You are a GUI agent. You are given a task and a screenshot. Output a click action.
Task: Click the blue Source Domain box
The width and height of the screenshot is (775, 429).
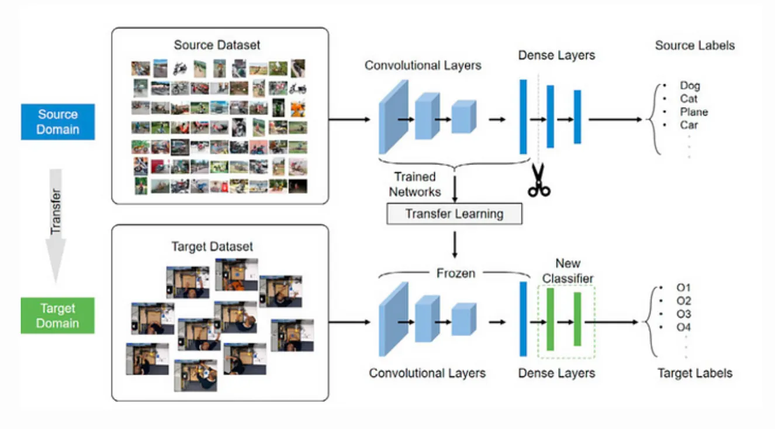coord(57,122)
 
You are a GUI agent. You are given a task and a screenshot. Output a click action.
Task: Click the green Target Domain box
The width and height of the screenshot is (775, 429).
coord(57,316)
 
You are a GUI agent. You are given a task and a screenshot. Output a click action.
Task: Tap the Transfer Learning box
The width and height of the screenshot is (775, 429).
coord(454,213)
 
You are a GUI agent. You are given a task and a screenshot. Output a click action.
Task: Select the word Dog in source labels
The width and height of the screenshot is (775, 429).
coord(690,86)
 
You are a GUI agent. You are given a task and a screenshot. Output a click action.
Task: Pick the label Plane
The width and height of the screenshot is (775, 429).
coord(693,112)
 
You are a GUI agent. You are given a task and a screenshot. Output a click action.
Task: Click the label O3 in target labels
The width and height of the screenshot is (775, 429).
coord(683,314)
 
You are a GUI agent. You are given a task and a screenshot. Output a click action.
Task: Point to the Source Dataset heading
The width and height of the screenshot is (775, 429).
coord(217,45)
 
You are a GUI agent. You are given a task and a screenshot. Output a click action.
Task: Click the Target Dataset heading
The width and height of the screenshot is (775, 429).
coord(212,246)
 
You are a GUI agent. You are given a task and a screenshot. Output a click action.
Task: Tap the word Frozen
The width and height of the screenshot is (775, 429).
coord(455,273)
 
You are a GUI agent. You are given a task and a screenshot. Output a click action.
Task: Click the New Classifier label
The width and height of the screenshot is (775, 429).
coord(568,271)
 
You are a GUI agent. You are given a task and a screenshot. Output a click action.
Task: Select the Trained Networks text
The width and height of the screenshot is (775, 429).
coord(415,184)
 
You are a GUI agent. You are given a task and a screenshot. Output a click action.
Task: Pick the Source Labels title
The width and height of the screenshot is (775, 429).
coord(694,45)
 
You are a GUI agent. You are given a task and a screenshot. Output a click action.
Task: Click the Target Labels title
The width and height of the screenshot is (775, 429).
coord(694,373)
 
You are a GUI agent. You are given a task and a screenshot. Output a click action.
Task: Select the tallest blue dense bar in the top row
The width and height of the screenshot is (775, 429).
coord(523,116)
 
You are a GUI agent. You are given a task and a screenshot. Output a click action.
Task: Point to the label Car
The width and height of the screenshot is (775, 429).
coord(688,124)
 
